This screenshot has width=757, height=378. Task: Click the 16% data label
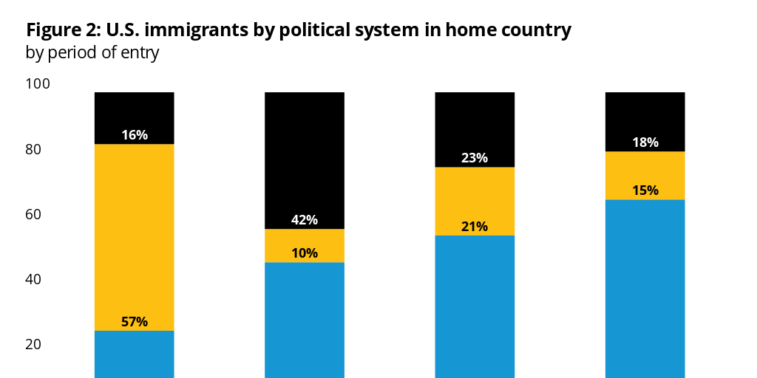click(135, 135)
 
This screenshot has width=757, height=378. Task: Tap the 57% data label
click(135, 322)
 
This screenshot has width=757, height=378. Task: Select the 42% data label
click(305, 220)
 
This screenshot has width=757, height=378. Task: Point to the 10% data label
click(305, 253)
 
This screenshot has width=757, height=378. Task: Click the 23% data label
click(475, 158)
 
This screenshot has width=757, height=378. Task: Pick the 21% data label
click(475, 227)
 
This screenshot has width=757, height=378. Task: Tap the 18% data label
click(645, 142)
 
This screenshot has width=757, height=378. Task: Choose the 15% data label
click(645, 190)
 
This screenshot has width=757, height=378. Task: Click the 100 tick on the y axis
click(38, 84)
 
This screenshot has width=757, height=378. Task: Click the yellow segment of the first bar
click(135, 229)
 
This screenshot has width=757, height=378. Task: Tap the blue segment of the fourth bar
click(645, 288)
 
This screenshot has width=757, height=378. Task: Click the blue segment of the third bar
click(475, 306)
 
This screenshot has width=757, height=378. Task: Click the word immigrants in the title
click(196, 30)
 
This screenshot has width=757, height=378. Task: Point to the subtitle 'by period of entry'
click(92, 53)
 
